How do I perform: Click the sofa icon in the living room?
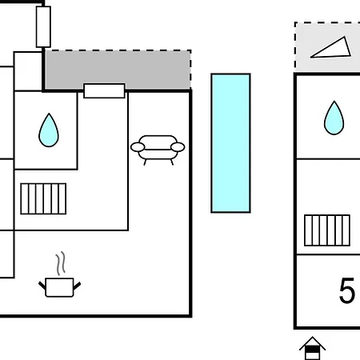(x=158, y=150)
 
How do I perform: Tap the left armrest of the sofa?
(x=138, y=147)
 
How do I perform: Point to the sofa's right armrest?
(x=178, y=147)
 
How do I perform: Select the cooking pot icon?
(x=59, y=287)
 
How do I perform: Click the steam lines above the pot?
(x=61, y=263)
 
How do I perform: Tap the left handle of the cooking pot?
(x=42, y=286)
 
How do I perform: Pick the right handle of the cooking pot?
(x=77, y=286)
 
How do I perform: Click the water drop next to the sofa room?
(x=49, y=130)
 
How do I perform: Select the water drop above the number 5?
(x=334, y=118)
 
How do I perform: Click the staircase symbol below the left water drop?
(x=43, y=198)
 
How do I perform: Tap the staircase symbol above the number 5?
(x=327, y=230)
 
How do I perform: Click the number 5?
(x=347, y=290)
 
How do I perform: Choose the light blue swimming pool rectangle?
(x=230, y=143)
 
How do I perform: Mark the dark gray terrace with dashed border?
(x=118, y=70)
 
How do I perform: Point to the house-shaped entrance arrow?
(x=313, y=348)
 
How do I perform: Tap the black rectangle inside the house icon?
(x=313, y=349)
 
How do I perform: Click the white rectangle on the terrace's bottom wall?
(x=104, y=91)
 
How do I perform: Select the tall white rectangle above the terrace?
(x=43, y=26)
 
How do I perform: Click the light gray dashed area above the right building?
(x=327, y=47)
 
